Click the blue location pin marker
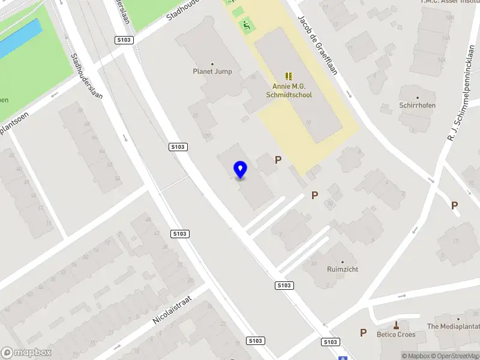(x=240, y=169)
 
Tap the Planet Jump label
(x=212, y=71)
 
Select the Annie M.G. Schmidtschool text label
(x=289, y=90)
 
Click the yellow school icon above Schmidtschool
(x=289, y=76)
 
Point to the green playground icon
(x=246, y=25)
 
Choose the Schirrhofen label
(x=418, y=105)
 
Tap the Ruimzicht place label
(x=343, y=269)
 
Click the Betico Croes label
(x=395, y=334)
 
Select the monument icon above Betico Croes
(x=395, y=325)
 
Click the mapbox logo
(x=26, y=353)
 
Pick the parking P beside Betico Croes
(x=362, y=332)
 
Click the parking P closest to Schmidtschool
(x=278, y=160)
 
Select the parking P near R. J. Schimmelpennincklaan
(x=454, y=205)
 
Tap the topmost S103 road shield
(x=124, y=40)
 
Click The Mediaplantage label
(x=453, y=327)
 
